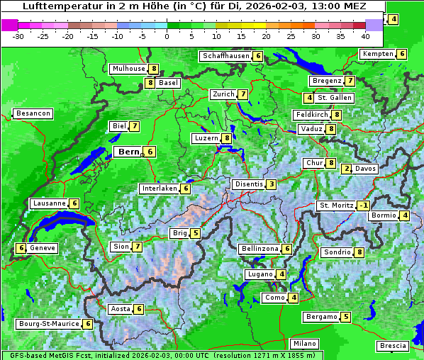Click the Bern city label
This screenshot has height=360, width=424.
pos(128,152)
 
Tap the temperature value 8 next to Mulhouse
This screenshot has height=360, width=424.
pos(153,69)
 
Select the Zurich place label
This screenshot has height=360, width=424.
pos(223,94)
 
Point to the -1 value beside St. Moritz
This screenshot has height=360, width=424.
pos(364,206)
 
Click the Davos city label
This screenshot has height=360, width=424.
pos(366,169)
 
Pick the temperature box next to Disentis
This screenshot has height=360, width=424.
pos(272,184)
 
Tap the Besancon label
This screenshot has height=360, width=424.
pos(33,113)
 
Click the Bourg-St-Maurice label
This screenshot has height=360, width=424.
pos(48,324)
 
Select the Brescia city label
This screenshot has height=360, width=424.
pos(394,346)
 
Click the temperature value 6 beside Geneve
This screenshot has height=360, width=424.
pos(22,248)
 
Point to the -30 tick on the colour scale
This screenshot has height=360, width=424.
pos(18,36)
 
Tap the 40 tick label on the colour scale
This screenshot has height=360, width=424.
pos(365,36)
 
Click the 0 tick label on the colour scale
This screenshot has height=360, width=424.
pos(167,36)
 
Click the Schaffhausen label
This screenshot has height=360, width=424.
pos(225,56)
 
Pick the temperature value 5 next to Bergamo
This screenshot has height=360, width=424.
pos(345,317)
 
